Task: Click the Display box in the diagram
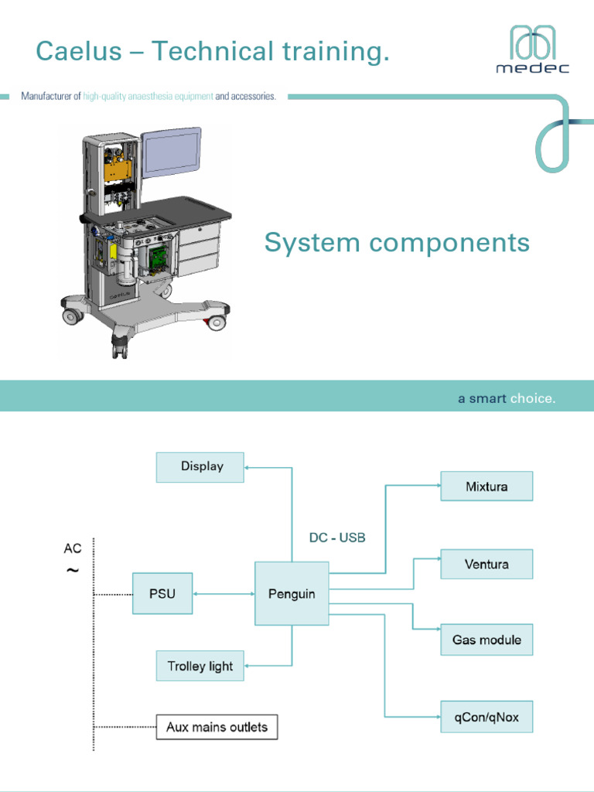pyautogui.click(x=200, y=467)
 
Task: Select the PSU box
pyautogui.click(x=162, y=594)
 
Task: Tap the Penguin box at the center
pyautogui.click(x=292, y=594)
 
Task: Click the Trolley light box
pyautogui.click(x=200, y=666)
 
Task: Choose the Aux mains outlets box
pyautogui.click(x=217, y=727)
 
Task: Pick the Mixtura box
pyautogui.click(x=486, y=486)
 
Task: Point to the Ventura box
pyautogui.click(x=486, y=564)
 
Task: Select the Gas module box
pyautogui.click(x=486, y=640)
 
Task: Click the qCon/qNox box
pyautogui.click(x=486, y=718)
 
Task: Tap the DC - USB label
pyautogui.click(x=337, y=538)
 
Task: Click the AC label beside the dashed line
pyautogui.click(x=72, y=549)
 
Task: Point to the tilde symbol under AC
pyautogui.click(x=72, y=571)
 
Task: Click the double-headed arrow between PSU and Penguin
pyautogui.click(x=224, y=594)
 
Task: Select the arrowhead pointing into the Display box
pyautogui.click(x=248, y=467)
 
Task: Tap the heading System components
pyautogui.click(x=397, y=243)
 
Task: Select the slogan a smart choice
pyautogui.click(x=506, y=399)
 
